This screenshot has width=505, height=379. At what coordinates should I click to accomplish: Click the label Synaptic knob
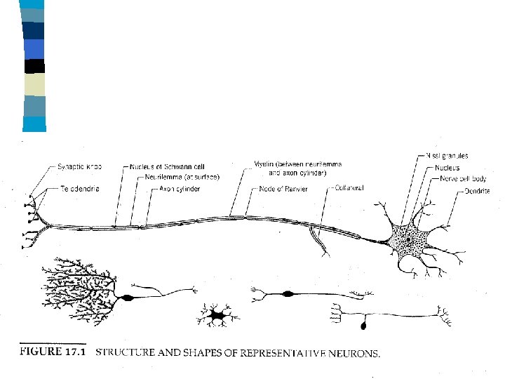coord(79,167)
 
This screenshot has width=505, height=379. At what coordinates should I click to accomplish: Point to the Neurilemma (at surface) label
coord(182,178)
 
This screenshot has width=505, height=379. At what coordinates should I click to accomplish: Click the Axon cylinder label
coord(180,189)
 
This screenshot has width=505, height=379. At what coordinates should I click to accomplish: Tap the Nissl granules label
coord(448,155)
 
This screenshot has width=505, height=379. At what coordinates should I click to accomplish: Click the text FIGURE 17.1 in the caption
coord(53,352)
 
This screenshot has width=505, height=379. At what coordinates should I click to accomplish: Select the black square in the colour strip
coord(34,67)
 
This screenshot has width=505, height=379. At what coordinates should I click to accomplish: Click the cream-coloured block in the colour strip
coord(34,85)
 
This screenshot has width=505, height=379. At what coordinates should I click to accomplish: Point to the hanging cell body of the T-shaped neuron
coord(364,325)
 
